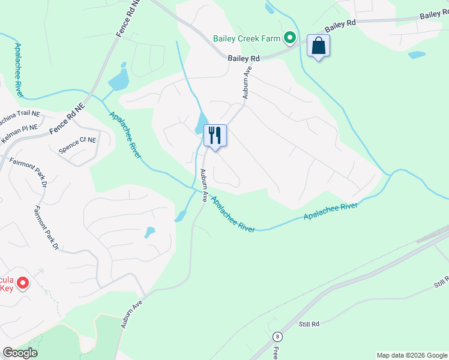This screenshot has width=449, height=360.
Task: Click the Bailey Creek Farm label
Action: [x=247, y=39]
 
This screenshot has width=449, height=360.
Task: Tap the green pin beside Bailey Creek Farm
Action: [x=290, y=38]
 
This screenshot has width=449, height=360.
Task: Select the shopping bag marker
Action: [x=318, y=46]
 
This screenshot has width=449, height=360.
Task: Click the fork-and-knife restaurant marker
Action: [x=215, y=136]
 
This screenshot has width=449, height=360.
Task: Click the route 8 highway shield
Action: [x=277, y=337]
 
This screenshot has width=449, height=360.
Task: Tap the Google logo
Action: [x=20, y=353]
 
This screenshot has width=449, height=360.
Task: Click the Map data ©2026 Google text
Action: [x=412, y=355]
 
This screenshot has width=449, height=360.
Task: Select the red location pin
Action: [x=23, y=282]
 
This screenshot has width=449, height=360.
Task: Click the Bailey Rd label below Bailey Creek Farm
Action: [x=244, y=58]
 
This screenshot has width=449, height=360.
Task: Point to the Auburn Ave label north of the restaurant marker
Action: [x=246, y=84]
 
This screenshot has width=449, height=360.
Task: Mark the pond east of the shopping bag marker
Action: [x=417, y=55]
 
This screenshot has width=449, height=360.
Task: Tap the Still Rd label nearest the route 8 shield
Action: [x=309, y=324]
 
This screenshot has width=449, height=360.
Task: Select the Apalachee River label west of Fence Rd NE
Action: [x=19, y=70]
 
